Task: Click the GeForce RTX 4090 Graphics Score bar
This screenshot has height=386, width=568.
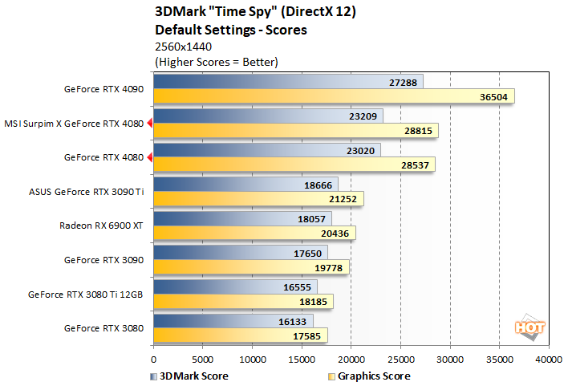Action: click(x=333, y=96)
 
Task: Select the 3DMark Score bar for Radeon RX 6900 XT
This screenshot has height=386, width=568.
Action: click(x=241, y=219)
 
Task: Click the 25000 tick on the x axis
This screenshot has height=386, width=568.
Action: click(x=401, y=360)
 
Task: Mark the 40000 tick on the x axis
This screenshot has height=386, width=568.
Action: click(x=549, y=360)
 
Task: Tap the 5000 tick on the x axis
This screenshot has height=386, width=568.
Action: click(x=203, y=360)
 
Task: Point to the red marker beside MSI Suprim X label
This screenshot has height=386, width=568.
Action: click(x=149, y=124)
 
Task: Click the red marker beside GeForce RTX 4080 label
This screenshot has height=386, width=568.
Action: click(x=149, y=158)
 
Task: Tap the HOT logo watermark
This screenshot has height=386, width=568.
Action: click(x=525, y=327)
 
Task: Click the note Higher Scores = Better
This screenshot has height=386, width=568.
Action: click(x=216, y=61)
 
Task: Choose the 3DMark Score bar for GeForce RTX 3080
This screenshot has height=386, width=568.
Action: click(x=233, y=322)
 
